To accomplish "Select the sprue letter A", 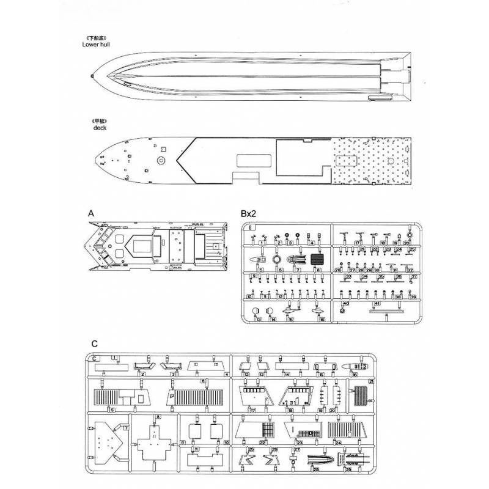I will pos(90,214).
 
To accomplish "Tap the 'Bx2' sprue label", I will pos(248,214).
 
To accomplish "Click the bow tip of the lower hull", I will pos(92,76).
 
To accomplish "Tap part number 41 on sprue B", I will pos(377,303).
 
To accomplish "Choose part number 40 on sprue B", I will pos(346,304).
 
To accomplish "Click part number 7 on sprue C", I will pos(125,427).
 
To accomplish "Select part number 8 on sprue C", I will pos(158,416).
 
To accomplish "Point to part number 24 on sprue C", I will pos(337,442).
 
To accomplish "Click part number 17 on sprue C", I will pos(252,410).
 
